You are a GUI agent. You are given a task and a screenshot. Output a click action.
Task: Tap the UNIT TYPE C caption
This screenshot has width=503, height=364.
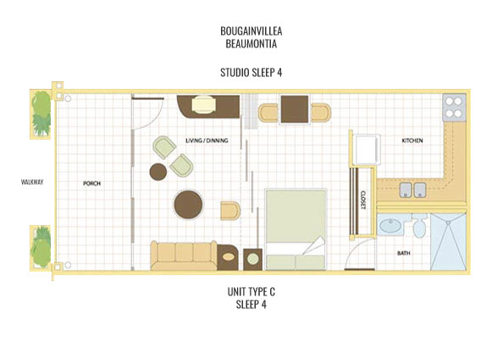[251, 292]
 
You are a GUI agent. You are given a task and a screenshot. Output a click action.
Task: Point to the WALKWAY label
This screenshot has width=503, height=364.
[33, 180]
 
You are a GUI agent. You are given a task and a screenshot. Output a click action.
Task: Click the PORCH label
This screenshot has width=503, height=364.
[92, 183]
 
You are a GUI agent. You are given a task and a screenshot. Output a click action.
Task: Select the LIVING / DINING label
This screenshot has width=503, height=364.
[210, 141]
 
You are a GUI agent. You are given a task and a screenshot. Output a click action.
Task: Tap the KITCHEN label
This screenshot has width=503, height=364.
[412, 141]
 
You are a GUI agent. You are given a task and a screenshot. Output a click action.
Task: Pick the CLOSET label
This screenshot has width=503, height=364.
[362, 199]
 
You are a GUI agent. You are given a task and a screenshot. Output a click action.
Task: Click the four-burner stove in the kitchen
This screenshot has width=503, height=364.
[453, 108]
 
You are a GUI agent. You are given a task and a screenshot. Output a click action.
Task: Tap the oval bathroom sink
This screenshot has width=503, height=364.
[391, 226]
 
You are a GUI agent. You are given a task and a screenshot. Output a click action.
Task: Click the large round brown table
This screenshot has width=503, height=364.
[188, 204]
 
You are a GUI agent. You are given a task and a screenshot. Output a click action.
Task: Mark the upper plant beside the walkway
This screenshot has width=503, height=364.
[41, 108]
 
